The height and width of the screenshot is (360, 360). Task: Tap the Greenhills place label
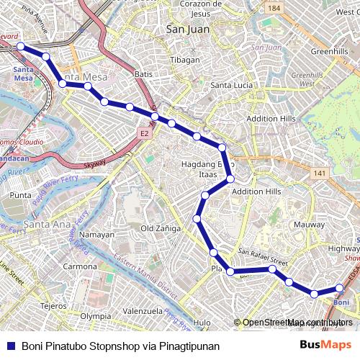(x=329, y=52)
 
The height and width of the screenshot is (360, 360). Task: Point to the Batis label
(x=143, y=73)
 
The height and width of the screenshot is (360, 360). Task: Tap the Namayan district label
(x=96, y=235)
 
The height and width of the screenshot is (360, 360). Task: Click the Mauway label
(x=309, y=224)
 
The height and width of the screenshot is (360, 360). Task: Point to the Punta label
(x=21, y=195)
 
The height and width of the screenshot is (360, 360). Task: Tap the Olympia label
(x=95, y=316)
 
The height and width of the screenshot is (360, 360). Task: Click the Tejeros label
(x=53, y=305)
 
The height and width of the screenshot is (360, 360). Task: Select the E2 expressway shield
(x=145, y=133)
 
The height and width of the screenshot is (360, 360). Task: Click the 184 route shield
(x=273, y=9)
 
